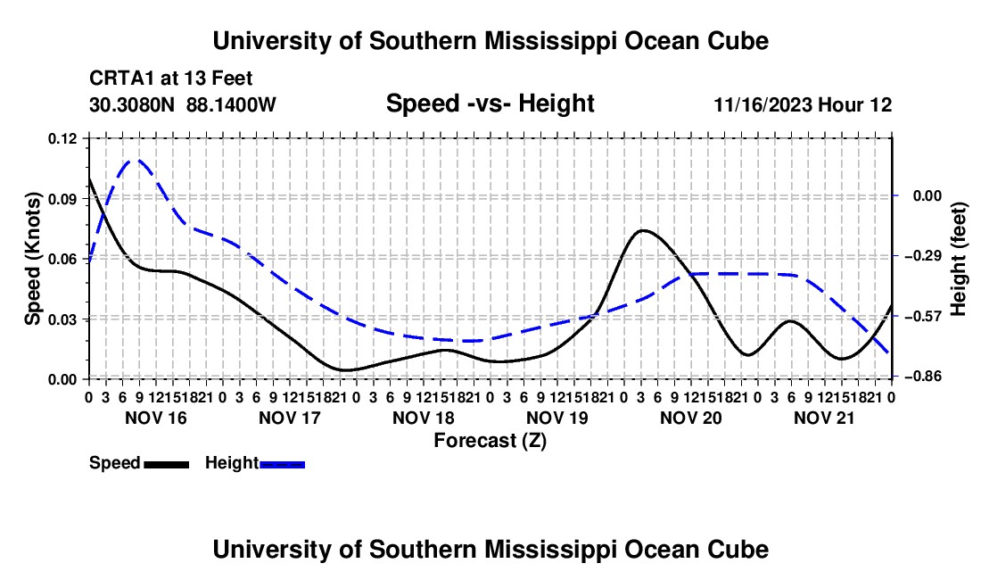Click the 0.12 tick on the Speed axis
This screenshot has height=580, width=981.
[x=62, y=138]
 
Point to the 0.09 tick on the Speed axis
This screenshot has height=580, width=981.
[x=62, y=199]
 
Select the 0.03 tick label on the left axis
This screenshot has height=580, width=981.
[x=62, y=319]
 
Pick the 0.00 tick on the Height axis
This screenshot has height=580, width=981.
[x=927, y=196]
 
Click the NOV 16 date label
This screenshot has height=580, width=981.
[x=156, y=418]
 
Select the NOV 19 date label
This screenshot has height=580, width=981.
[x=556, y=418]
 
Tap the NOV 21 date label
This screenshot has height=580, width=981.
[x=824, y=418]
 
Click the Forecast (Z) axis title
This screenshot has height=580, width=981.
[x=490, y=441]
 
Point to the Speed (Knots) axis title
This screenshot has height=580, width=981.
[x=32, y=259]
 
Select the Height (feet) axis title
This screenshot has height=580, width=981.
[x=958, y=259]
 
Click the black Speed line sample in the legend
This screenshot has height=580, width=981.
[x=167, y=465]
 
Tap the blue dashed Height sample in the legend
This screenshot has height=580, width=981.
[x=282, y=465]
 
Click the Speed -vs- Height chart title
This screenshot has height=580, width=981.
[x=490, y=104]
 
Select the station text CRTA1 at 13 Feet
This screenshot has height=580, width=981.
[x=171, y=79]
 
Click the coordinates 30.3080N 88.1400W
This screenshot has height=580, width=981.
[x=182, y=104]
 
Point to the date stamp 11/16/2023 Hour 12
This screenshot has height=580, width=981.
[x=803, y=104]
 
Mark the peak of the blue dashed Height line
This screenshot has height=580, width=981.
[x=137, y=160]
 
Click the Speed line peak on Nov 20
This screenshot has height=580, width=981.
[x=643, y=230]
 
